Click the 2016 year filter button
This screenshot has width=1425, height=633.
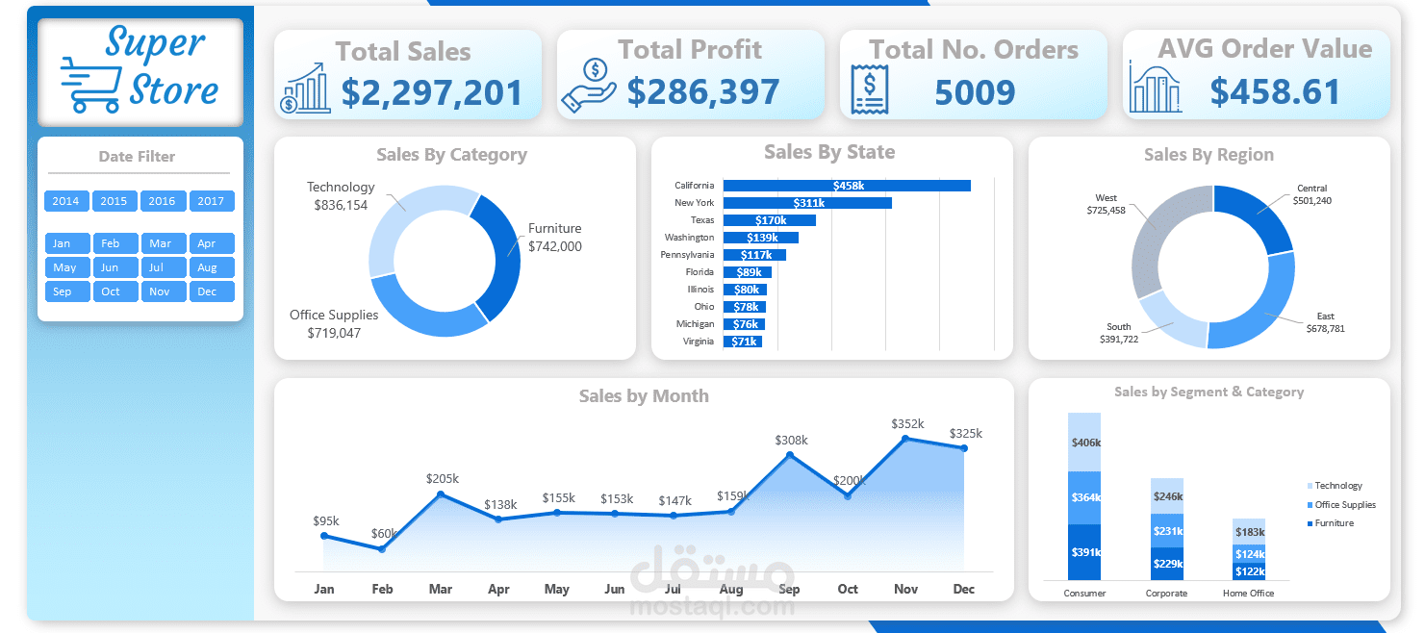coord(163,201)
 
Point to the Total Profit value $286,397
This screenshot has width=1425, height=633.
coord(702,92)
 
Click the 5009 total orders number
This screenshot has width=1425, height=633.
coord(975,92)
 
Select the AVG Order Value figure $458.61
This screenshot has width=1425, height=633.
coord(1275,92)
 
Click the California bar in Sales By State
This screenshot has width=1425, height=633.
coord(847,186)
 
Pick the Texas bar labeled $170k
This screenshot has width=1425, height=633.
coord(769,220)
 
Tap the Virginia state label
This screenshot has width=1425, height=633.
coord(699,342)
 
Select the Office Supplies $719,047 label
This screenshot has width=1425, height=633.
coord(334,324)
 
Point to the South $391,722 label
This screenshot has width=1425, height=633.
coord(1119,333)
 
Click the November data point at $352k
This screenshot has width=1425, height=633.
coord(905,439)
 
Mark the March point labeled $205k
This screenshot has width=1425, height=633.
coord(441,494)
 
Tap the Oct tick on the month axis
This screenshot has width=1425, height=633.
coord(848,589)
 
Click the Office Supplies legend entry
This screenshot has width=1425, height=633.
coord(1344,505)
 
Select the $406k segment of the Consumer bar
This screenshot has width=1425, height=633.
coord(1084,443)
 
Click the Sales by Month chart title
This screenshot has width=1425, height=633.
coord(644,396)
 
